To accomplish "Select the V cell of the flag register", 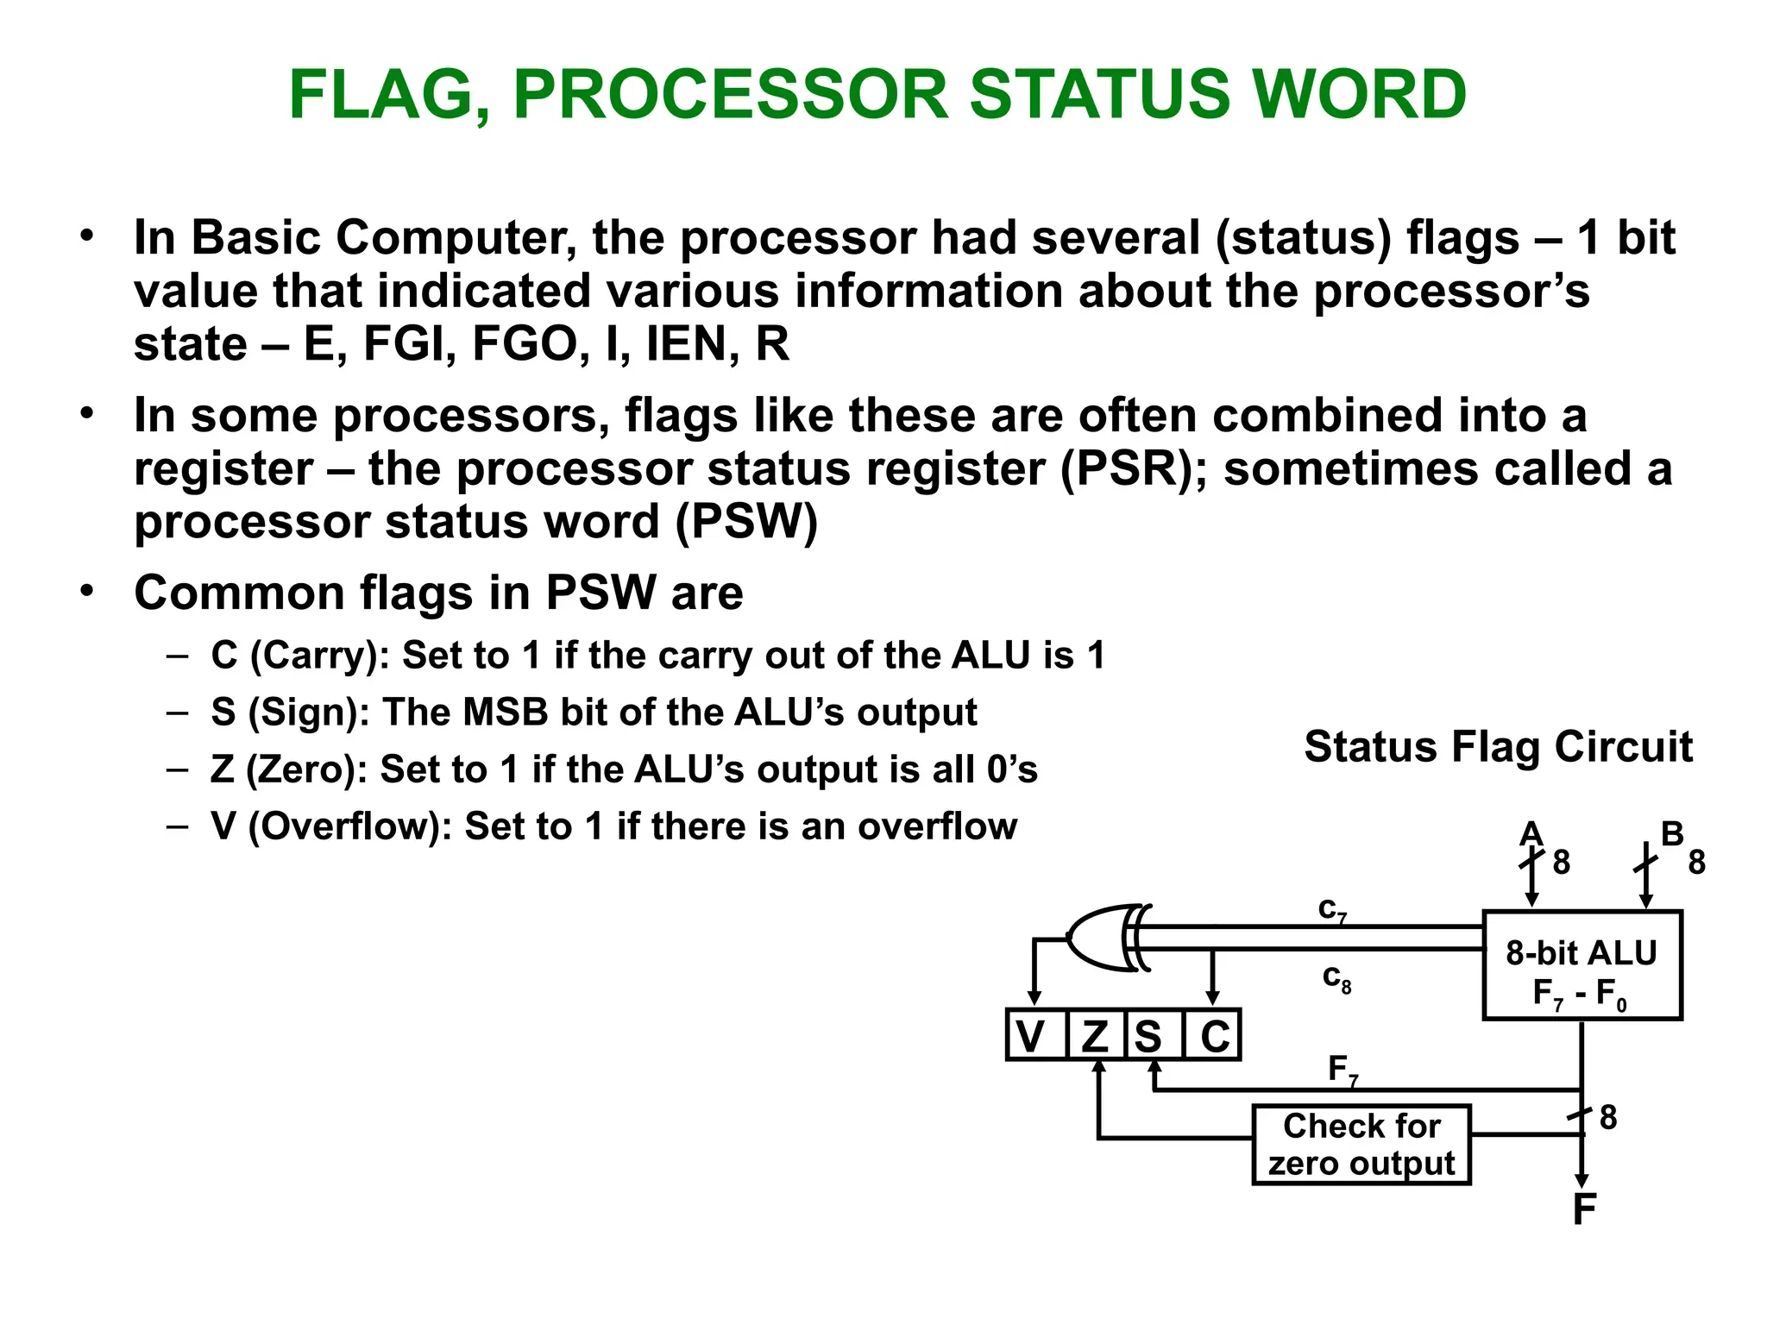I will coord(1032,1035).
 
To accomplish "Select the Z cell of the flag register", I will coord(1095,1035).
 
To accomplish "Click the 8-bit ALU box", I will coord(1581,965).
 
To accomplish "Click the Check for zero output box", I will coord(1361,1145).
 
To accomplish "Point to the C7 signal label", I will coord(1332,910).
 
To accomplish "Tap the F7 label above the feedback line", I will coord(1343,1070).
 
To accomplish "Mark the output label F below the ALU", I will coord(1584,1209).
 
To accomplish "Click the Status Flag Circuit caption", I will coord(1498,747).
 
